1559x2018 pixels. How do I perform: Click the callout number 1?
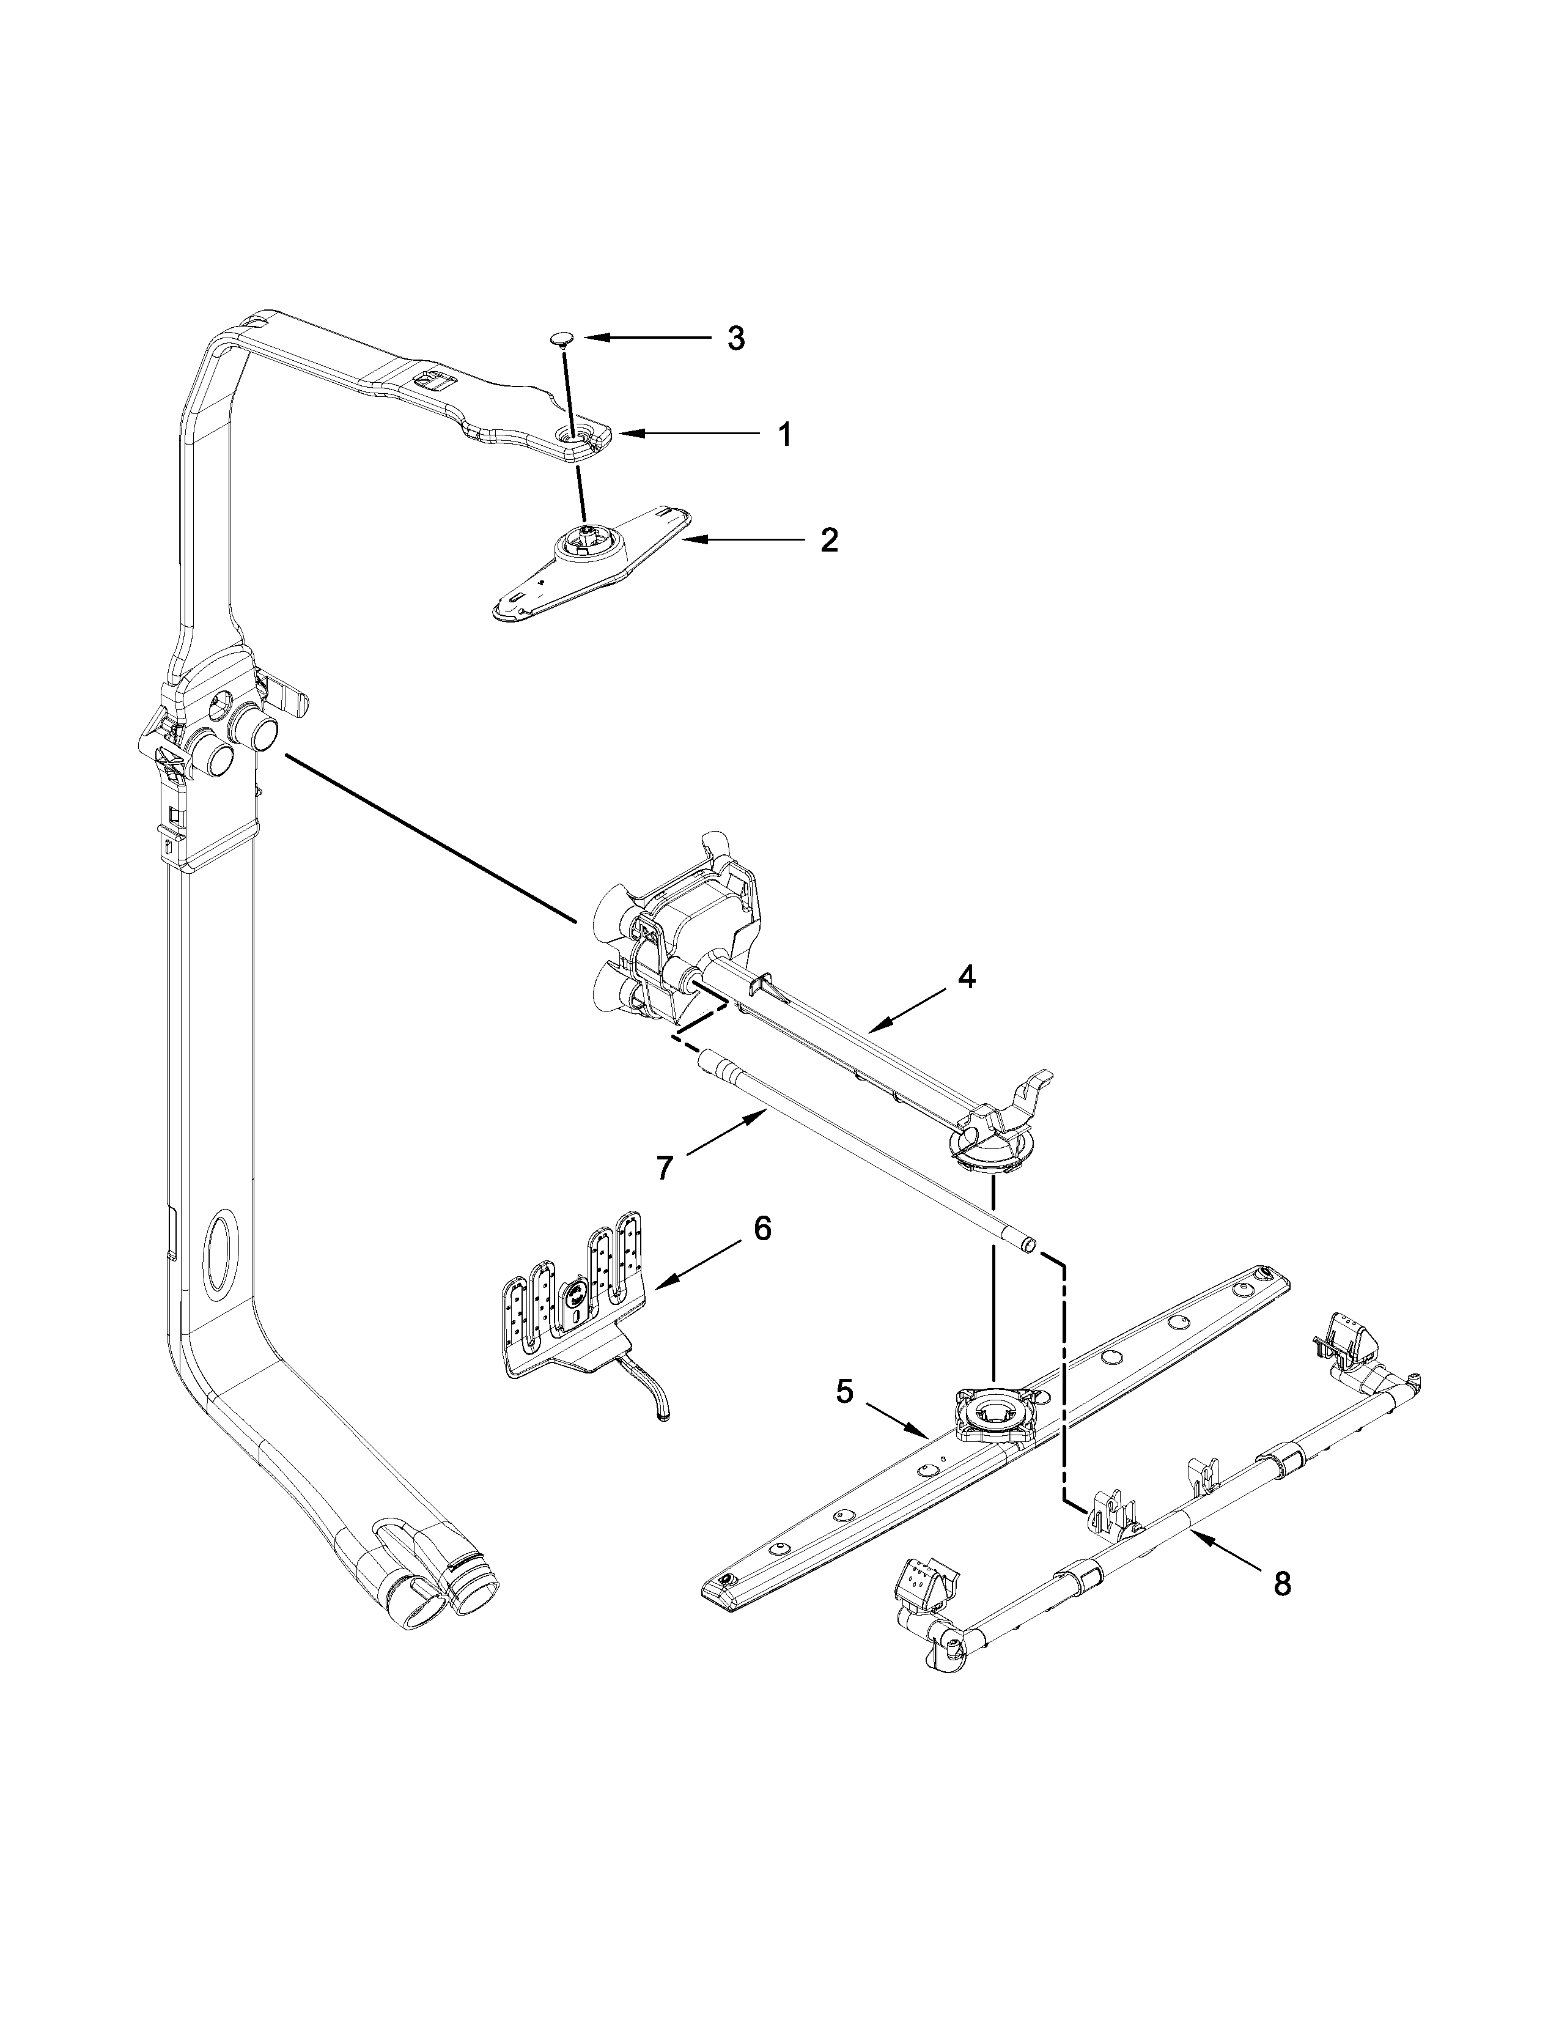pos(783,434)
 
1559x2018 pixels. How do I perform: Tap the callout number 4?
pos(965,977)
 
